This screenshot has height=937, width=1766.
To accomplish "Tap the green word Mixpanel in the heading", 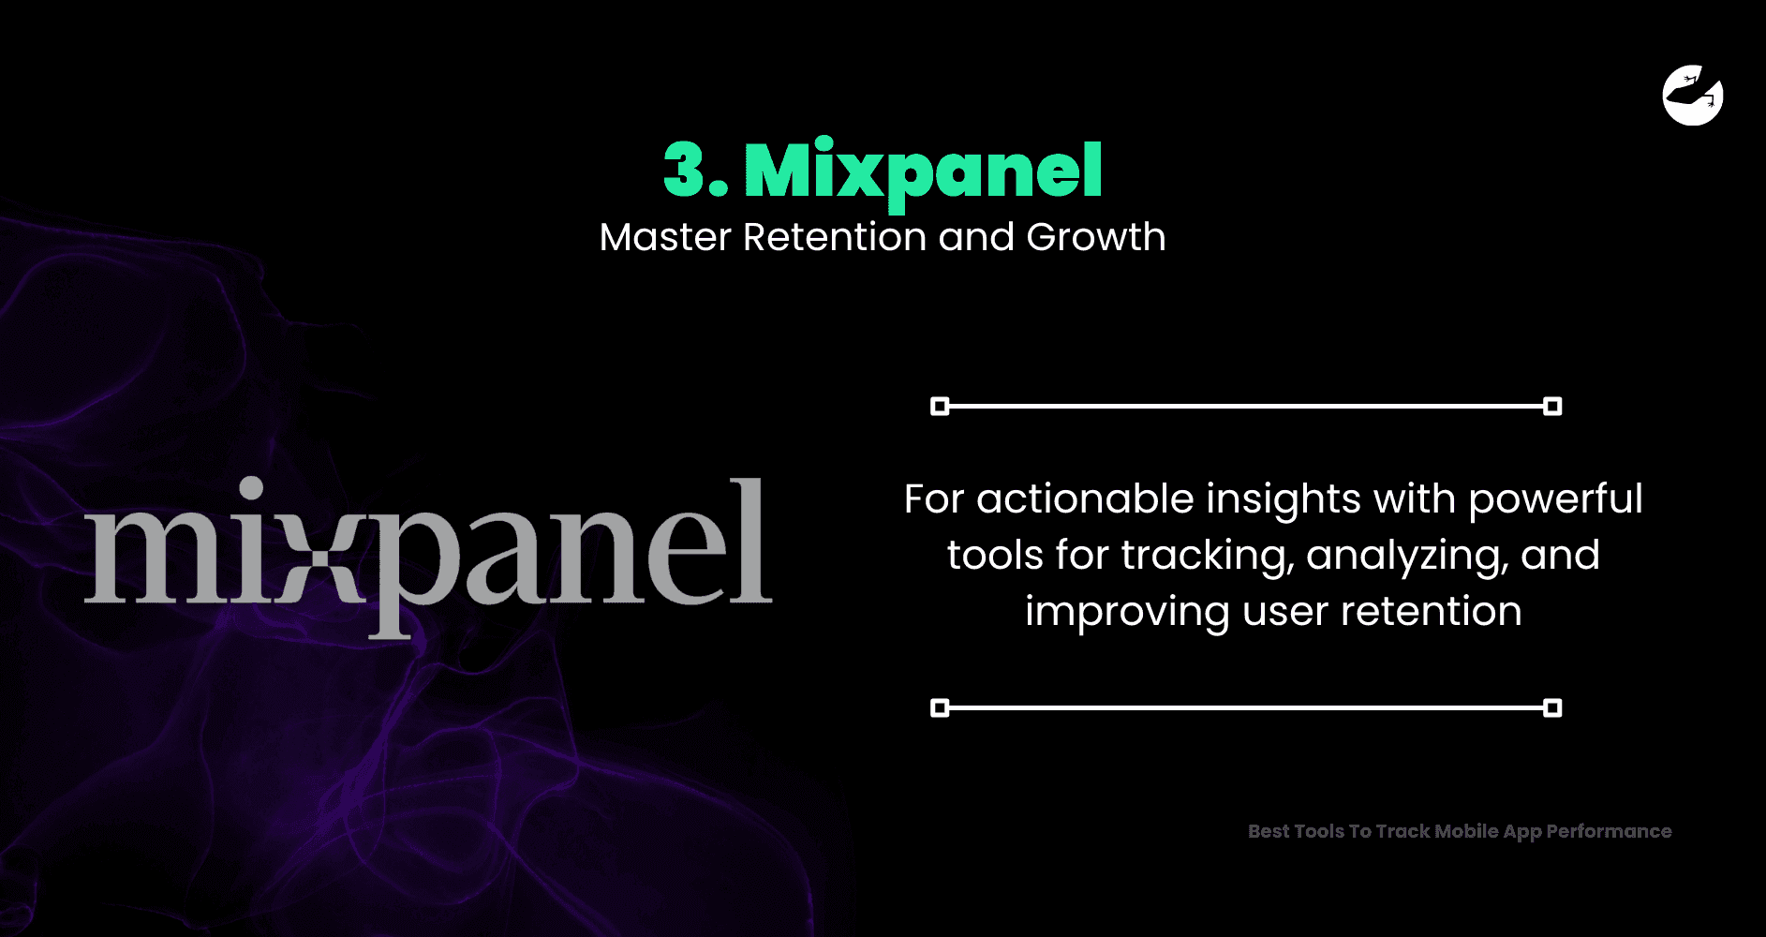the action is pyautogui.click(x=923, y=172).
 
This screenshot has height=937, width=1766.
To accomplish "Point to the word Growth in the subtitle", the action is pyautogui.click(x=1096, y=237).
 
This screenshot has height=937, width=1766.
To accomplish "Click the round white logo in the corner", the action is pyautogui.click(x=1693, y=95).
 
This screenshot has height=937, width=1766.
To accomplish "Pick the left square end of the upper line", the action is pyautogui.click(x=940, y=406).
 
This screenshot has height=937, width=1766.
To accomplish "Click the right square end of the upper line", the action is pyautogui.click(x=1552, y=406).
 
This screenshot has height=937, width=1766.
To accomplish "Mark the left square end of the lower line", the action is pyautogui.click(x=940, y=707).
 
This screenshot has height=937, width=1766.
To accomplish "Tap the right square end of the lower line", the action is pyautogui.click(x=1552, y=707).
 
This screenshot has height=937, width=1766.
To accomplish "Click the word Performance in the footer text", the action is pyautogui.click(x=1609, y=831).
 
